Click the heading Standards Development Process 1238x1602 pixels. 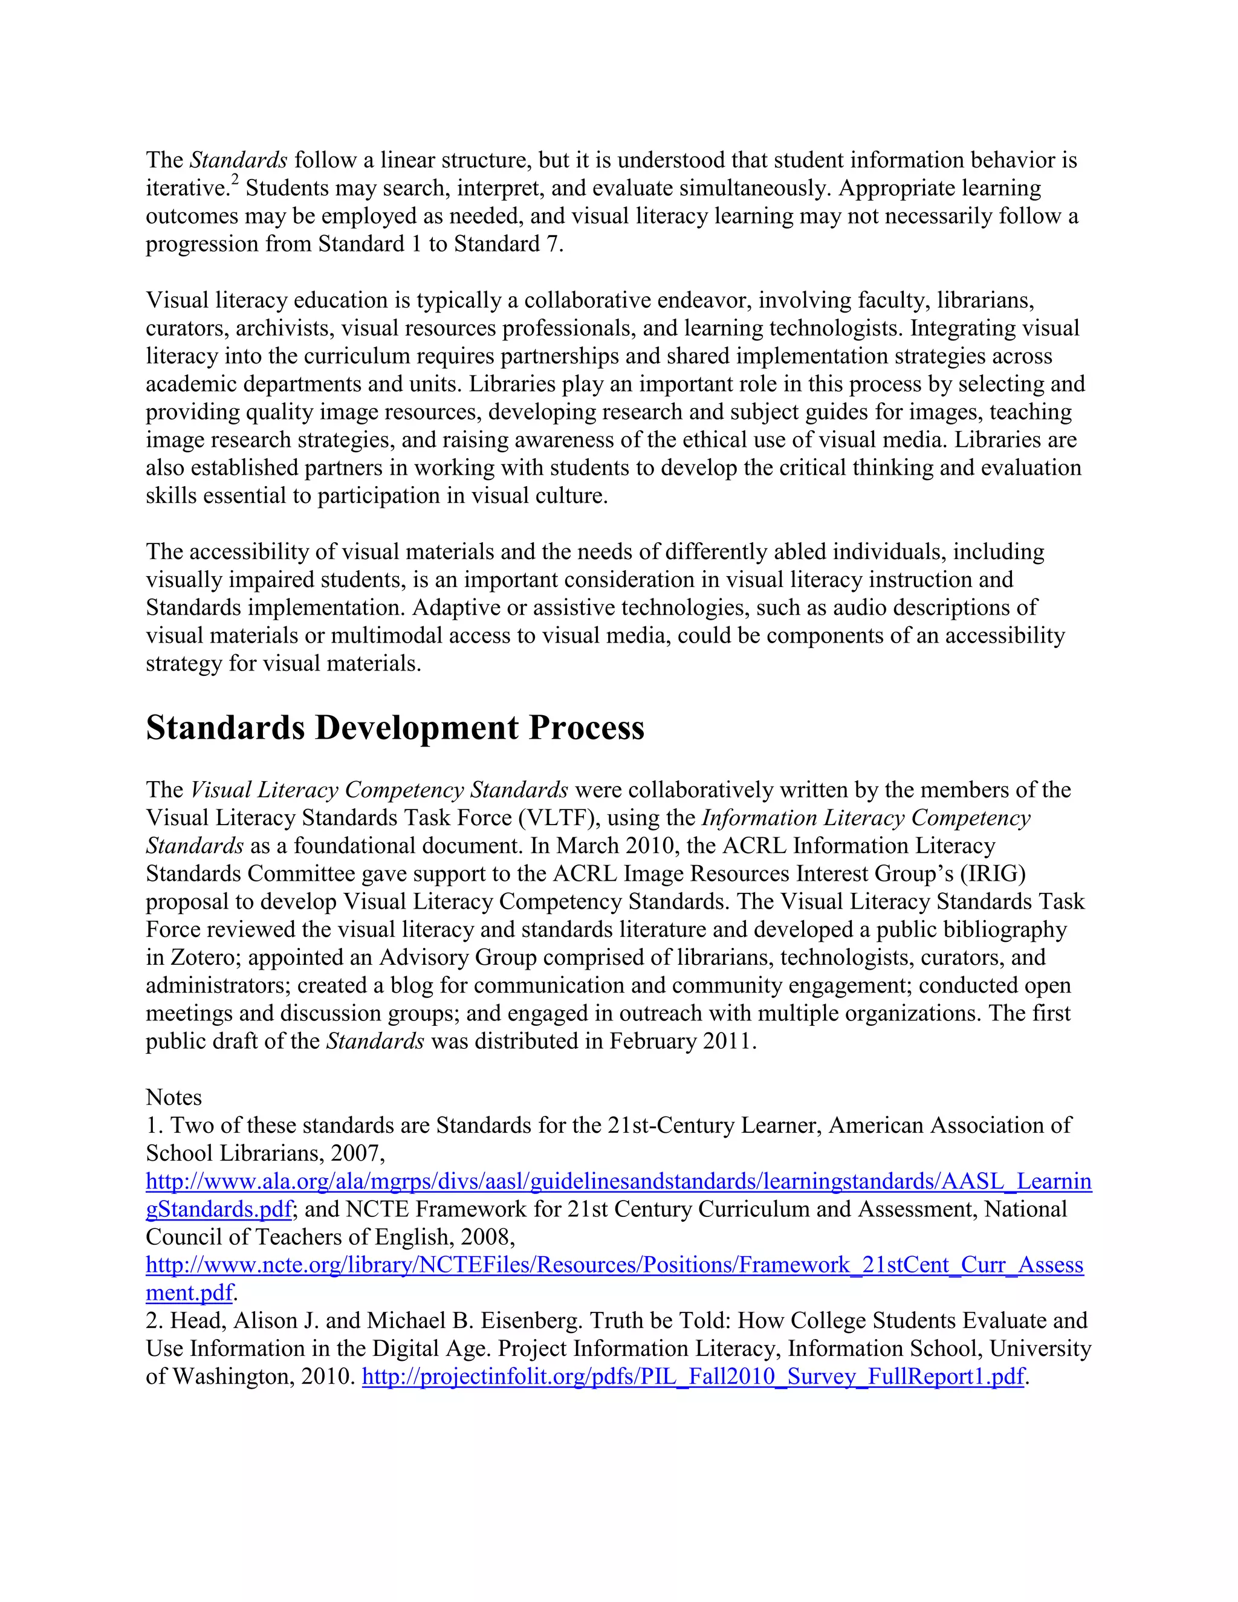(x=395, y=728)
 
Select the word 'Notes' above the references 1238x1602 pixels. (x=174, y=1097)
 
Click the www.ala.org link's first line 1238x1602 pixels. (x=618, y=1182)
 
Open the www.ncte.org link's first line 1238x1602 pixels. (x=614, y=1265)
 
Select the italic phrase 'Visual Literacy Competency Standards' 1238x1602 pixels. (x=379, y=790)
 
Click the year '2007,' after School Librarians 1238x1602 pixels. (x=357, y=1154)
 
